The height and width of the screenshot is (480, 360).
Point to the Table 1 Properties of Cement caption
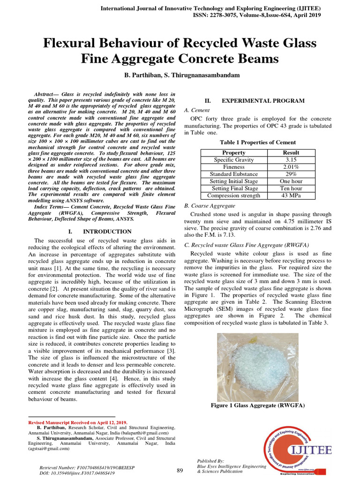pyautogui.click(x=258, y=142)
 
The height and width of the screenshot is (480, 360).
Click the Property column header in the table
pyautogui.click(x=233, y=153)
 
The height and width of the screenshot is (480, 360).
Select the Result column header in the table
pyautogui.click(x=291, y=153)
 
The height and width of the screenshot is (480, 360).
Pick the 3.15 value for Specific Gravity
pyautogui.click(x=291, y=160)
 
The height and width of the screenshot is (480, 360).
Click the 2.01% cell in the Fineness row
pyautogui.click(x=291, y=167)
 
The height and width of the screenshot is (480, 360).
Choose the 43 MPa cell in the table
pyautogui.click(x=291, y=195)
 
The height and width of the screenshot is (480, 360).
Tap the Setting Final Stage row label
pyautogui.click(x=233, y=188)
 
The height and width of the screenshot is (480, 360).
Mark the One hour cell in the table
pyautogui.click(x=291, y=181)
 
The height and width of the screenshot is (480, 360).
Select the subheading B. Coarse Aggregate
pyautogui.click(x=210, y=206)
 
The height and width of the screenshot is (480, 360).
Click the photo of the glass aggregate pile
pyautogui.click(x=257, y=367)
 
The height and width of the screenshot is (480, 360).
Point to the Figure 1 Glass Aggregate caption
pyautogui.click(x=258, y=405)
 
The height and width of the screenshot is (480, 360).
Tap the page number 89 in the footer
pyautogui.click(x=180, y=471)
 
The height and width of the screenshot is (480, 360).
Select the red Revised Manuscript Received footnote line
pyautogui.click(x=78, y=422)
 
